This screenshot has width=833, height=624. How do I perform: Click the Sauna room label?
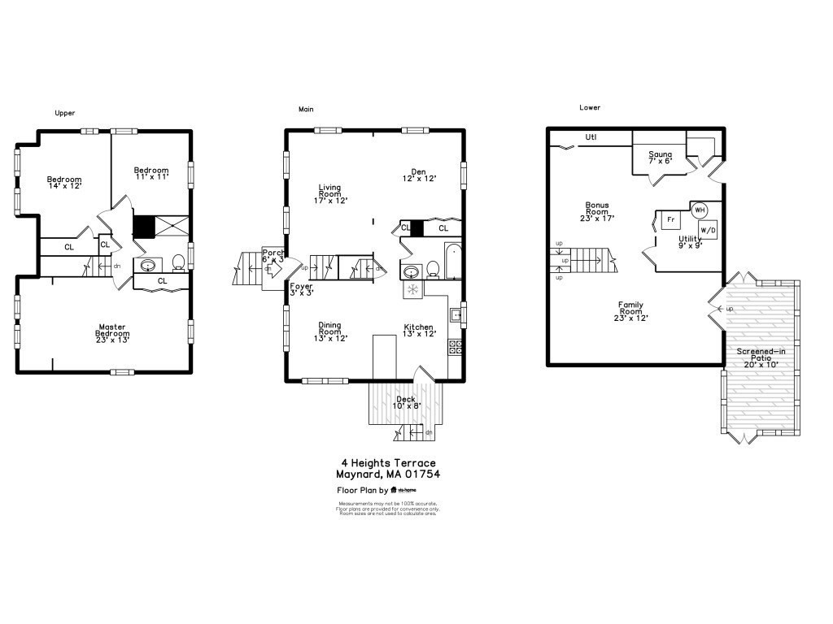click(x=660, y=158)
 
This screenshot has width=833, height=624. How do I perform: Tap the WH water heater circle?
click(x=699, y=210)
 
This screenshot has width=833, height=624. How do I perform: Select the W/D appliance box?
click(x=708, y=230)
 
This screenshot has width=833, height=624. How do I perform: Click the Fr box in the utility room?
click(x=670, y=220)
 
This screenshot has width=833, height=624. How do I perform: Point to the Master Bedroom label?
click(x=112, y=331)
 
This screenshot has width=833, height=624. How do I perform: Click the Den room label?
click(x=419, y=175)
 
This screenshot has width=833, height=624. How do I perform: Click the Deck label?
click(x=405, y=401)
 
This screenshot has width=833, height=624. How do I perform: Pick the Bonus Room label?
click(x=597, y=211)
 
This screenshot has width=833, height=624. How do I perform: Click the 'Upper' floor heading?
click(x=65, y=113)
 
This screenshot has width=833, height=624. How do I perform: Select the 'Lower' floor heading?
click(x=590, y=107)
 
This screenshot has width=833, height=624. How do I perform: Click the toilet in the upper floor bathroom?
click(x=178, y=262)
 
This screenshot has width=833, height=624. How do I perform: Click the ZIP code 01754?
click(x=424, y=474)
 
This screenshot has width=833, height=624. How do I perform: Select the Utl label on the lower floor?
click(x=591, y=137)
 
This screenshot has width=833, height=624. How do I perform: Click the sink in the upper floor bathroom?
click(x=149, y=265)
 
